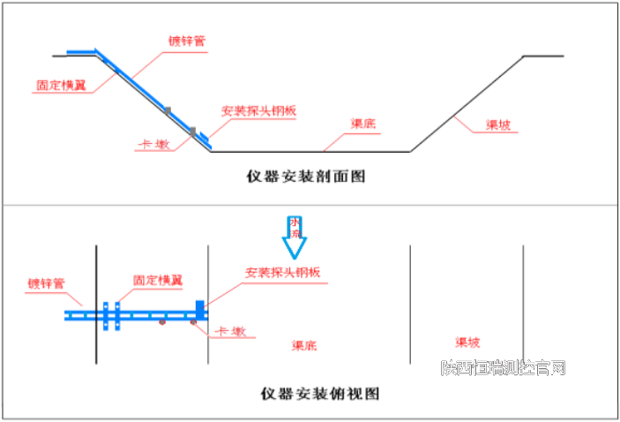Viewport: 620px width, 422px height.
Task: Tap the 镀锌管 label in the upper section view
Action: [188, 41]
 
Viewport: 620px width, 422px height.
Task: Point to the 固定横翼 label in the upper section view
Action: [60, 87]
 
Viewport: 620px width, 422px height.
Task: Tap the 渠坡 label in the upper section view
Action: [498, 124]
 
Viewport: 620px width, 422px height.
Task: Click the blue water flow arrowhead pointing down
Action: [295, 245]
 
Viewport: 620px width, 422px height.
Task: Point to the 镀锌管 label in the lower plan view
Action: [47, 284]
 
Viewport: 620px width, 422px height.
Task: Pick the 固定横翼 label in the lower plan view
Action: [158, 281]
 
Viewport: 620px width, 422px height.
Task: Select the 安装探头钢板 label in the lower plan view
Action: [281, 271]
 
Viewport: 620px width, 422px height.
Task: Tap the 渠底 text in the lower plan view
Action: [304, 343]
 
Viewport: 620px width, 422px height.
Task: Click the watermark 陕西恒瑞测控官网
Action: [503, 367]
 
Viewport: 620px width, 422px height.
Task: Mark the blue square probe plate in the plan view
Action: [200, 307]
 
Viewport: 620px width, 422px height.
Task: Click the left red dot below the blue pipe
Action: [162, 323]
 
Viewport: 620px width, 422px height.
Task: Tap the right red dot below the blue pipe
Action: [193, 323]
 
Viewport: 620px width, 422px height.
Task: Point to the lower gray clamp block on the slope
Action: [192, 132]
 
